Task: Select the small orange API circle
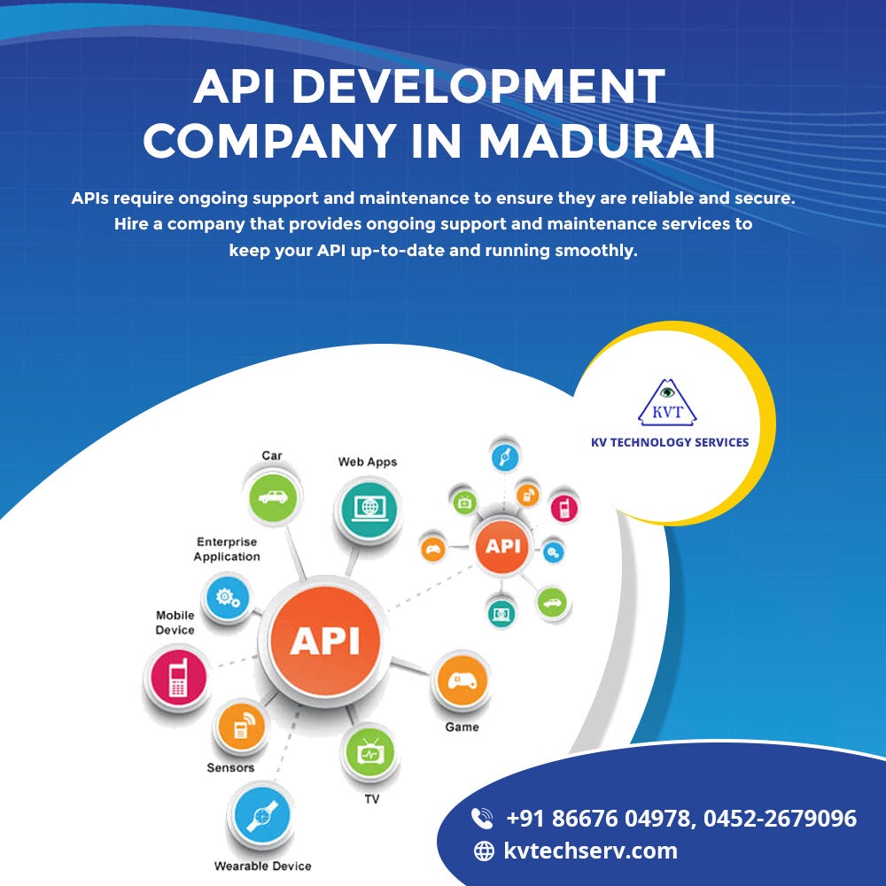(502, 546)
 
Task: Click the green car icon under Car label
(270, 497)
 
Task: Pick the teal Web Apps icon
(367, 509)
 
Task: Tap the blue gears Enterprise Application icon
(228, 599)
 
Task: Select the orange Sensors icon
(239, 728)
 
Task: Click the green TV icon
(369, 753)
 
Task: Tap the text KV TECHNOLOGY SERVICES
(670, 442)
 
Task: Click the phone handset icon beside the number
(482, 818)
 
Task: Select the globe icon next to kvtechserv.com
(484, 851)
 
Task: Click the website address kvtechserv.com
(590, 851)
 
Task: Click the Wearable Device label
(262, 866)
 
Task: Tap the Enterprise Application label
(227, 549)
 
